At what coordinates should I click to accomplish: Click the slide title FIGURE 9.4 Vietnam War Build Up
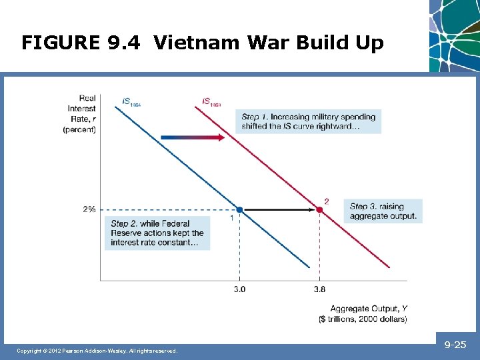(203, 43)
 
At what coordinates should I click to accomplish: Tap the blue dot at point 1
(239, 209)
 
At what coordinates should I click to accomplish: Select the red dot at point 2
(319, 209)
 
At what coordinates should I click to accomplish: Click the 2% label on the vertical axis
(89, 209)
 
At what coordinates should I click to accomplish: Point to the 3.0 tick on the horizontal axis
(239, 289)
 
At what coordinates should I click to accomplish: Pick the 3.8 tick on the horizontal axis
(319, 289)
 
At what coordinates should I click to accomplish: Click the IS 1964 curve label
(131, 101)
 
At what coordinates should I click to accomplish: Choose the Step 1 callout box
(309, 122)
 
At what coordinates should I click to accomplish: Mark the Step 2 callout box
(157, 233)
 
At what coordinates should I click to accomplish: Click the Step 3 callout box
(383, 211)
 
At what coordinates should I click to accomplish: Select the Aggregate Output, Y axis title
(369, 313)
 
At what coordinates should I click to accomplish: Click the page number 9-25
(456, 345)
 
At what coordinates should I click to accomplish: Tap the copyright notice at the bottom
(97, 351)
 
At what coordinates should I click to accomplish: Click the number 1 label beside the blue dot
(231, 218)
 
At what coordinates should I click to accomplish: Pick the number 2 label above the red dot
(326, 201)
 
